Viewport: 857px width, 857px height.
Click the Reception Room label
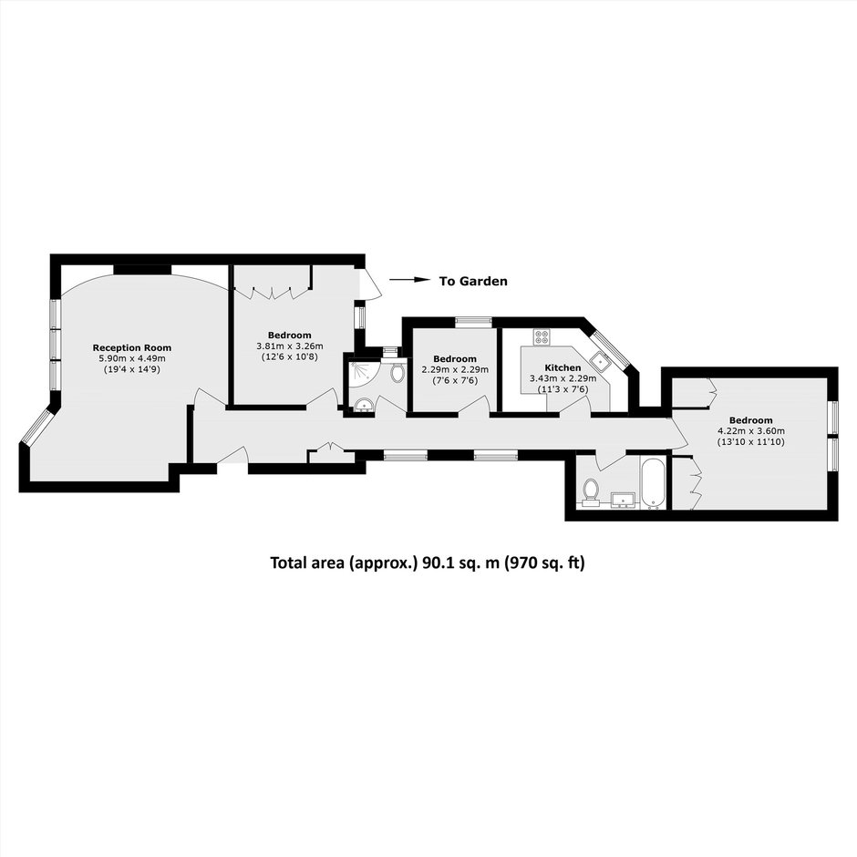131,347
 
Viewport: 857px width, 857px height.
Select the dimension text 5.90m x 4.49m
131,358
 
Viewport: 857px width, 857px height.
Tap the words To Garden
473,281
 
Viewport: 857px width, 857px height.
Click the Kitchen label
563,367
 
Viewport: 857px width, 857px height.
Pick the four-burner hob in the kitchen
542,336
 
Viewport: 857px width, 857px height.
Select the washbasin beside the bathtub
623,500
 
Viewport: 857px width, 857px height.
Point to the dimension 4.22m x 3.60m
751,430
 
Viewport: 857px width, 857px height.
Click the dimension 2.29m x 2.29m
455,369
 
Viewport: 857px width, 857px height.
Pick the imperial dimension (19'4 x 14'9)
131,369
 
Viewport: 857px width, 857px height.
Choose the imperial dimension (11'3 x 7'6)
563,389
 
